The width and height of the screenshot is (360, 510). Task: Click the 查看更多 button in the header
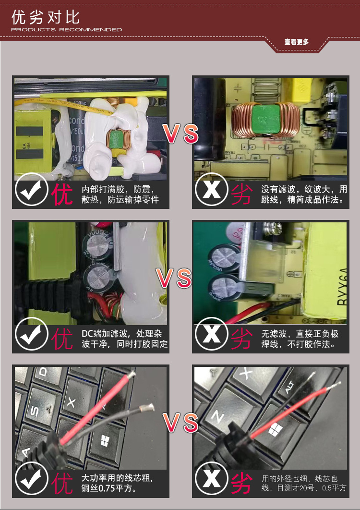coord(297,42)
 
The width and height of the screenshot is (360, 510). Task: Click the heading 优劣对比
coord(46,18)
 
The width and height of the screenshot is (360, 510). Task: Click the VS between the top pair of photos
coord(180,134)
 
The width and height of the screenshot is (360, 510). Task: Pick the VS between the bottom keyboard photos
coord(180,423)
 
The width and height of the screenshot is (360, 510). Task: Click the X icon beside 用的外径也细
coord(212,480)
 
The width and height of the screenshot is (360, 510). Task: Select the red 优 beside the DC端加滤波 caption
coord(62,339)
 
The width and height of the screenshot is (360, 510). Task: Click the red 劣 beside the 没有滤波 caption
coord(242,194)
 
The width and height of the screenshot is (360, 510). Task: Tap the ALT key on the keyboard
coord(289,387)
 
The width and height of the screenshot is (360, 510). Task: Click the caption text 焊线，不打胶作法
coord(298,344)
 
